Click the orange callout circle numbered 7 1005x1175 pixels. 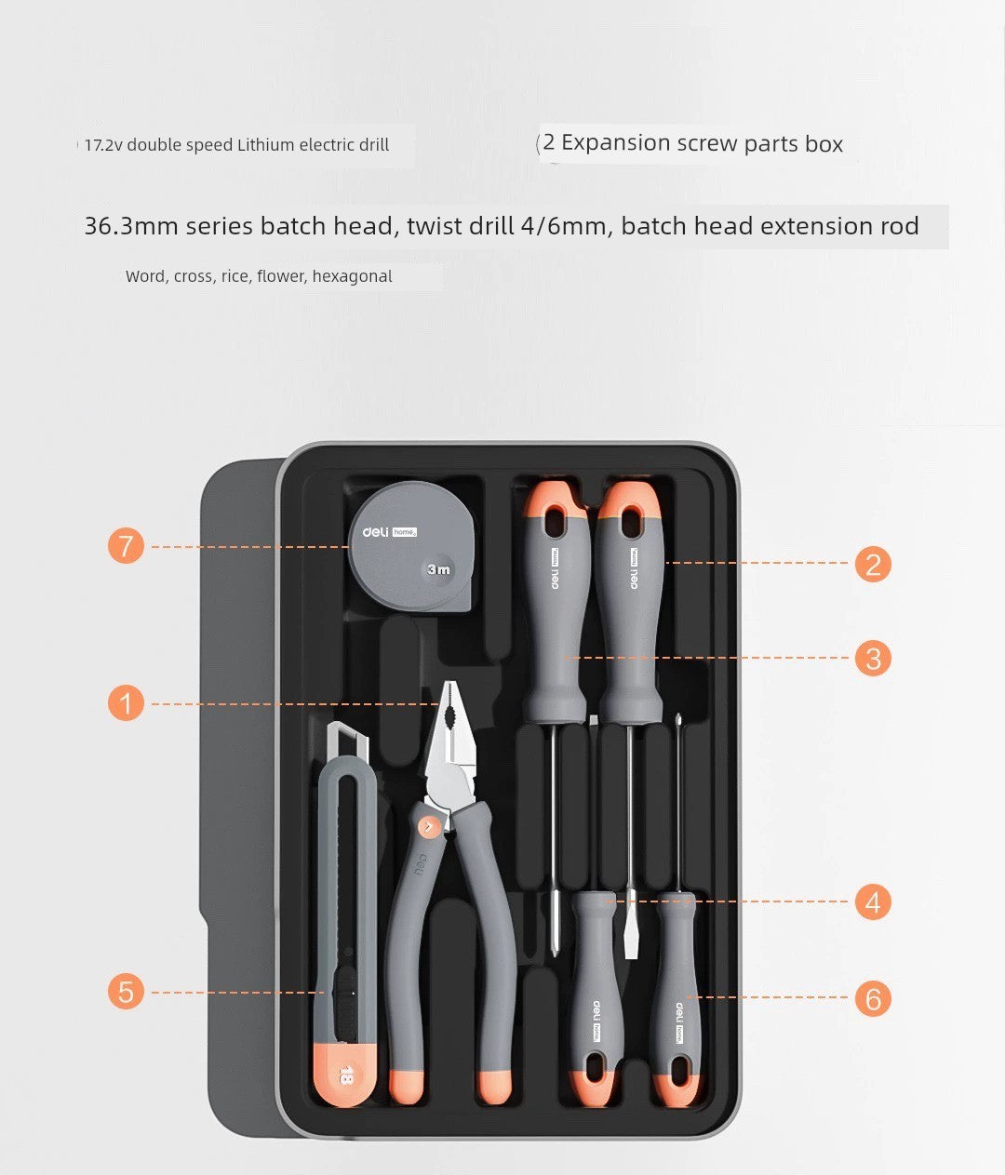(127, 545)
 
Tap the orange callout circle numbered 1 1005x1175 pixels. (127, 702)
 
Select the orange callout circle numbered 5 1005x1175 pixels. (127, 991)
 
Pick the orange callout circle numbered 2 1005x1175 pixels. (873, 564)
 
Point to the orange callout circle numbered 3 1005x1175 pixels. (873, 659)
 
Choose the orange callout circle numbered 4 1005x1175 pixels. (873, 902)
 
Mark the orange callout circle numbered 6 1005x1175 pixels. (873, 998)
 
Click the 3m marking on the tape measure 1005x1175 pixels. (438, 569)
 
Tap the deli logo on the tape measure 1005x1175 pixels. (375, 531)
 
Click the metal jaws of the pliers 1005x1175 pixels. (453, 735)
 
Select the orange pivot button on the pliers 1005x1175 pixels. (428, 825)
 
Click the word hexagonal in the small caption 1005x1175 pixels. (352, 276)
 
